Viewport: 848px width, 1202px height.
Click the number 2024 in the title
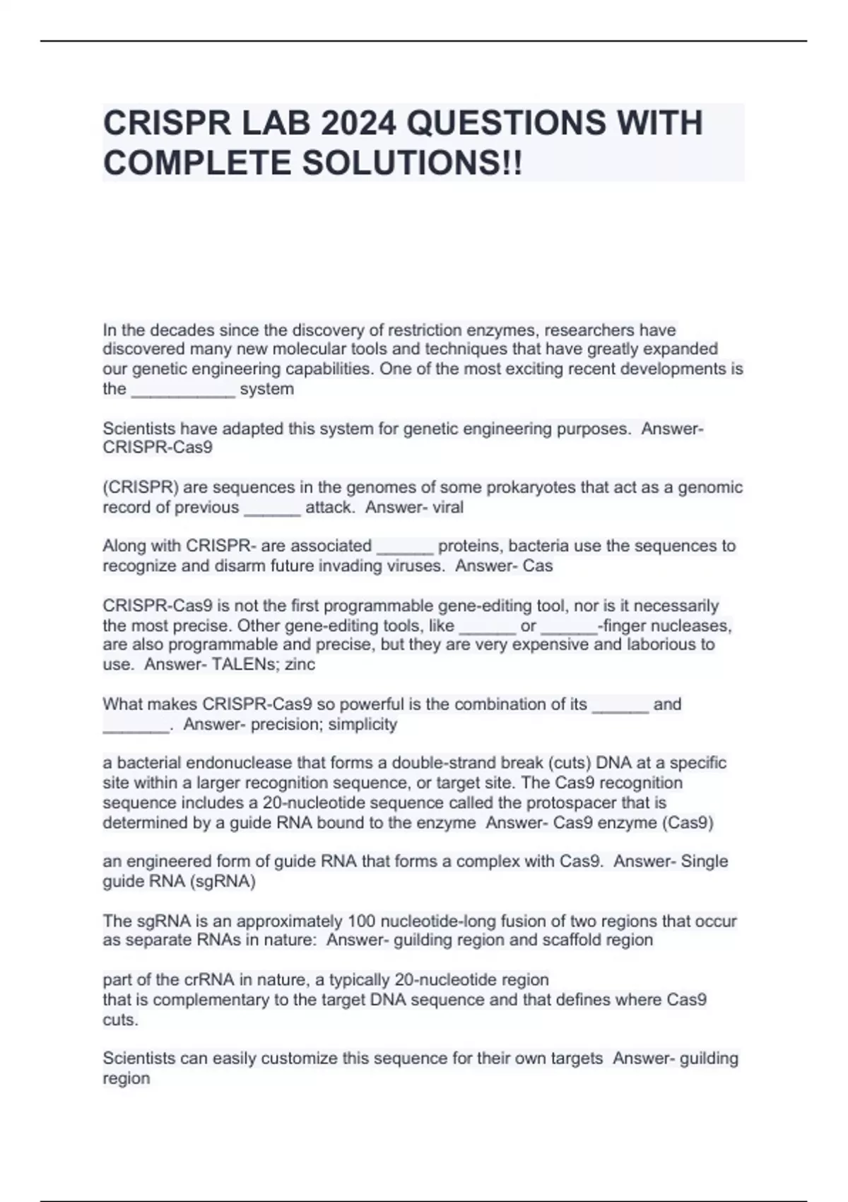click(x=358, y=124)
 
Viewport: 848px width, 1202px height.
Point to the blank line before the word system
click(x=183, y=390)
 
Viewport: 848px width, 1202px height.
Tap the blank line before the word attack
click(x=272, y=509)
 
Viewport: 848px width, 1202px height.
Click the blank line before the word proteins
click(x=405, y=547)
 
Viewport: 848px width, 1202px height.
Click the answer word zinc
click(x=300, y=665)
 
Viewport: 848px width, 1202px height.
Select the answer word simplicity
click(x=363, y=725)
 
